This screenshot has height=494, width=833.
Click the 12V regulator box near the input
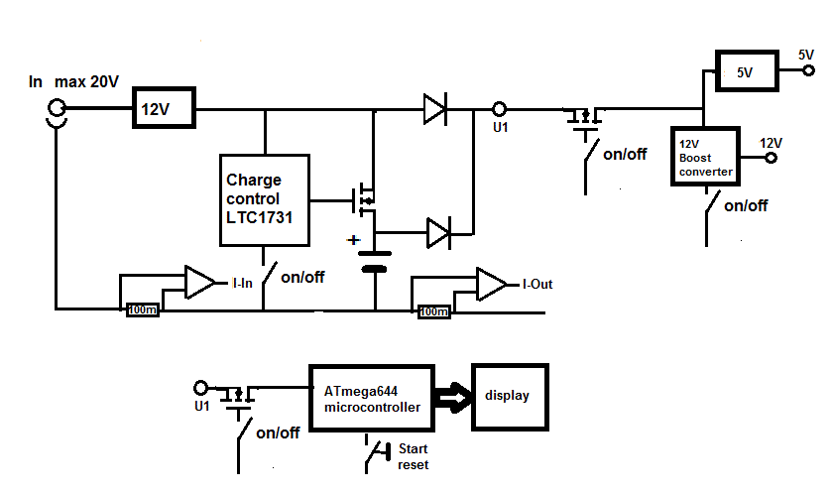point(164,109)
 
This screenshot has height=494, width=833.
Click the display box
point(508,396)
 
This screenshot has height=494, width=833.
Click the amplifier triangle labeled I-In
point(199,283)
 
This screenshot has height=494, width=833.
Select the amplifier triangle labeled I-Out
point(490,284)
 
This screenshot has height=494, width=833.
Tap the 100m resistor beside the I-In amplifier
point(142,310)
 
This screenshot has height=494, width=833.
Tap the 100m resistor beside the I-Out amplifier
point(433,311)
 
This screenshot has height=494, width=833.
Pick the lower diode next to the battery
point(438,233)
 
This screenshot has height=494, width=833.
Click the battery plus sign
point(352,240)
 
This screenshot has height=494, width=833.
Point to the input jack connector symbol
point(56,114)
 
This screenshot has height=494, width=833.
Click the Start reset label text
point(412,456)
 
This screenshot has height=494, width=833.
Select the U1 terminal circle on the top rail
point(500,109)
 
